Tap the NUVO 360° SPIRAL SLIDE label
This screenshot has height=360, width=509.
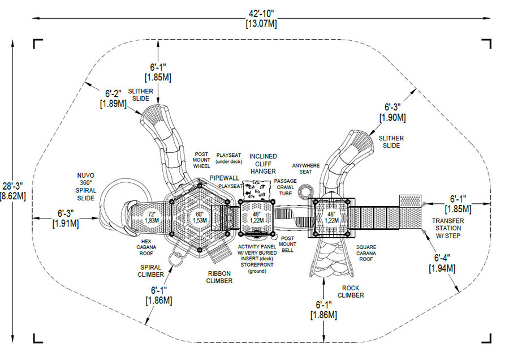pos(86,187)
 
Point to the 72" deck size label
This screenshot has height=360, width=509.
pos(152,217)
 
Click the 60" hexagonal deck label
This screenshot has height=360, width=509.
pos(200,217)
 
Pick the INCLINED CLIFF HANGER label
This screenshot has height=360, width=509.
pos(263,164)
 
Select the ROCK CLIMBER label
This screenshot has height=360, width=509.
pos(351,292)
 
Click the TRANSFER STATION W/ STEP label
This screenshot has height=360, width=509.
pos(448,229)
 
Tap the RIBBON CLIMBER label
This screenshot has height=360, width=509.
pos(219,277)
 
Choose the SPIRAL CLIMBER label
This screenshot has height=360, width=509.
pos(150,271)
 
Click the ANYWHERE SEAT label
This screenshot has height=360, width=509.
pos(306,169)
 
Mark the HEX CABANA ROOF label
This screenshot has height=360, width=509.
pos(146,247)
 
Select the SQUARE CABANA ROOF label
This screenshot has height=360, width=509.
pos(366,253)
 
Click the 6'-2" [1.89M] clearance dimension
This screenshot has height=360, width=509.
pos(113,98)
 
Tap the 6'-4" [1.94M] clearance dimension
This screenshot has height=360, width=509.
pos(442,263)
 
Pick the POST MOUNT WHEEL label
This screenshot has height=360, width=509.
pos(201,160)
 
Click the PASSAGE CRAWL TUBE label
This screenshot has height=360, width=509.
pos(286,187)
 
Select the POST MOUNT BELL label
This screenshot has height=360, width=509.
pos(287,245)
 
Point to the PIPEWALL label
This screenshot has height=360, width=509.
pos(225,178)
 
